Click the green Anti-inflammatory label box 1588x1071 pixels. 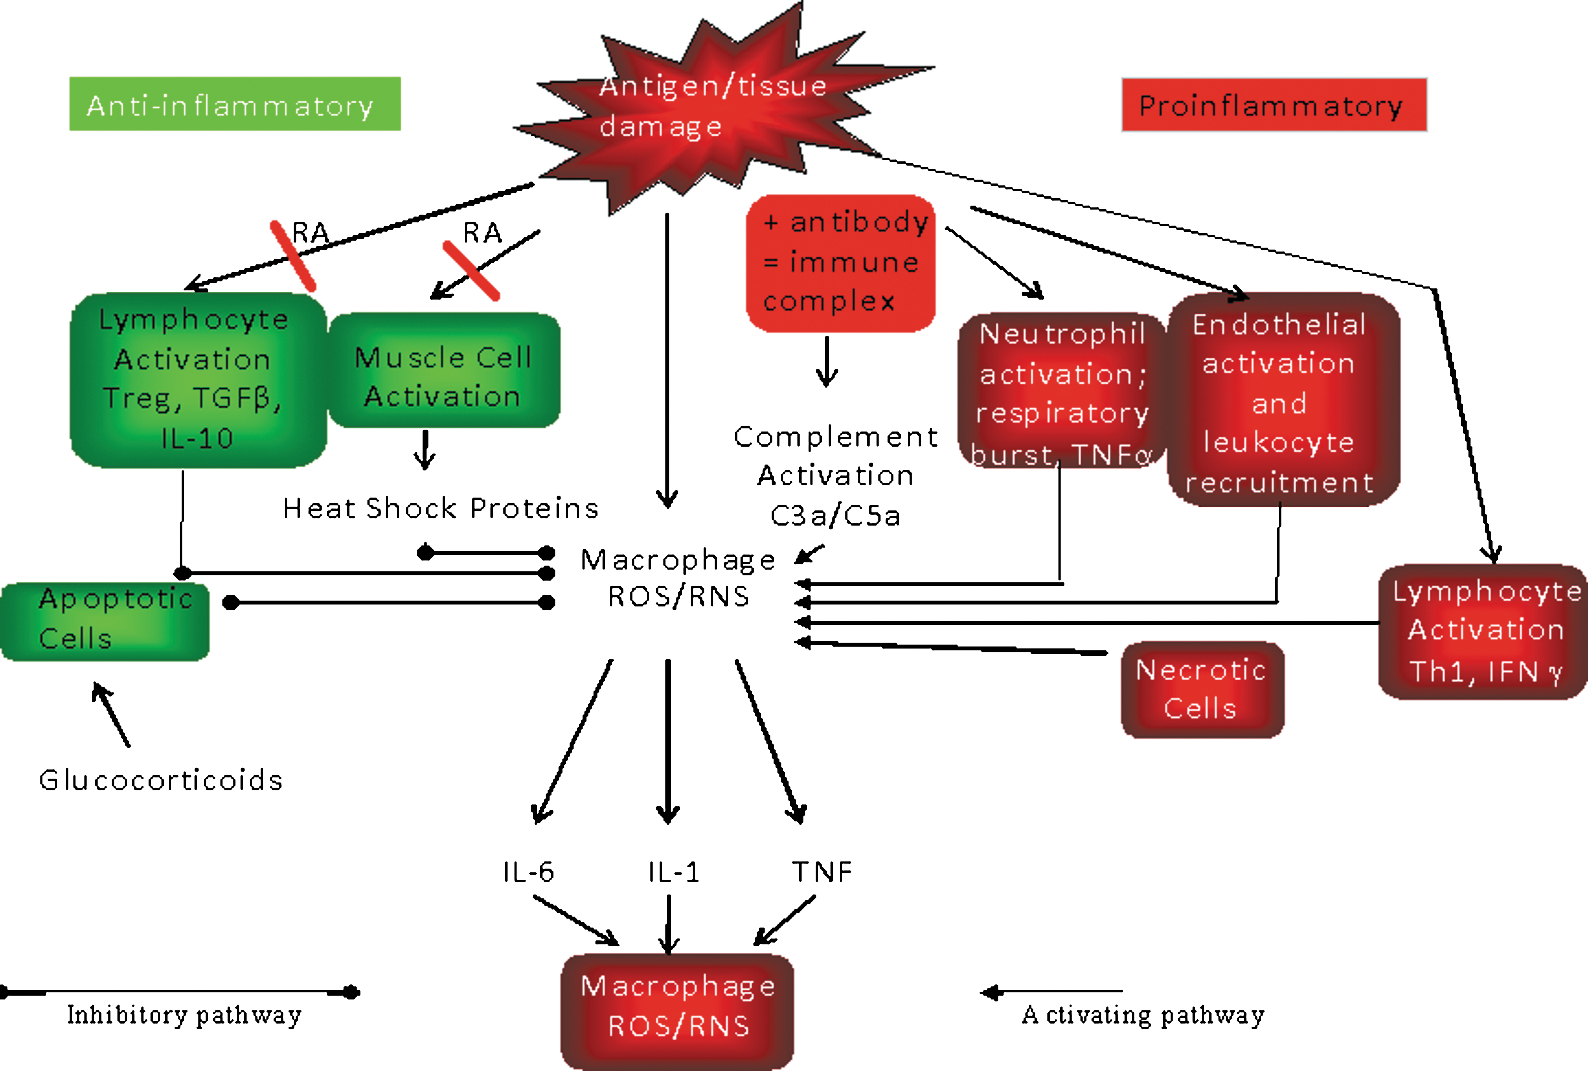[235, 104]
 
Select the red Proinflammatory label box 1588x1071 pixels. [1275, 105]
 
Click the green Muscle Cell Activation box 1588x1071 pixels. [444, 370]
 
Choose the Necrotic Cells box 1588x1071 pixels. [1203, 689]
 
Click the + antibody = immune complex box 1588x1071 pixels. [840, 264]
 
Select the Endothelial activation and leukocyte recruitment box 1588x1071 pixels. [1283, 400]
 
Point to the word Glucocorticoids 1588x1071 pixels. [161, 780]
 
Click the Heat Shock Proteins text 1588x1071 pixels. [441, 508]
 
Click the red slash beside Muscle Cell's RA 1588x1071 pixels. [471, 271]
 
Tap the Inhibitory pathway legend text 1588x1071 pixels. [184, 1015]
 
